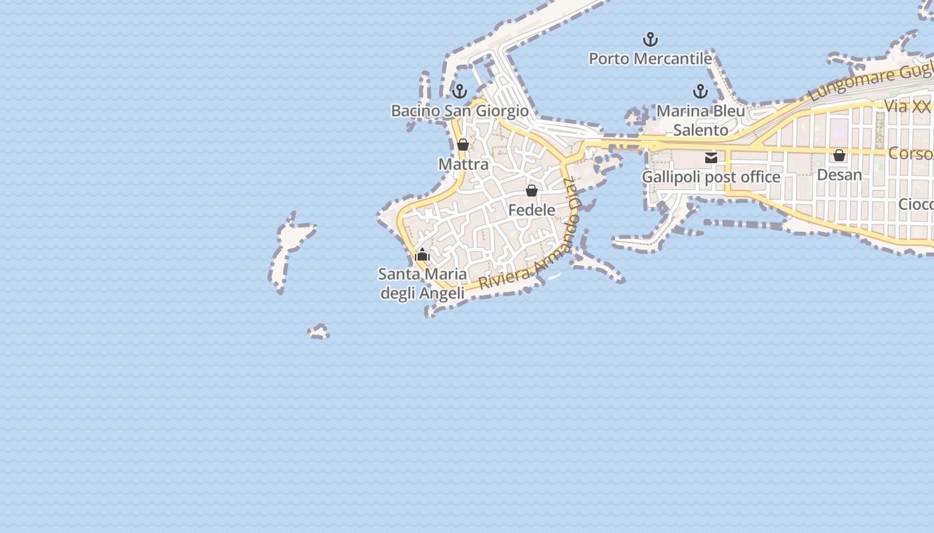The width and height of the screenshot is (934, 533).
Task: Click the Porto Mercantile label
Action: click(x=650, y=59)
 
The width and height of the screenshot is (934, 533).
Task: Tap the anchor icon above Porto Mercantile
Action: click(x=650, y=39)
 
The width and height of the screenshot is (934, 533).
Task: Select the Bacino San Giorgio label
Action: click(x=460, y=111)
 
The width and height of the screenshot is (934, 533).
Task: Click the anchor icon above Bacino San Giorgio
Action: click(x=459, y=91)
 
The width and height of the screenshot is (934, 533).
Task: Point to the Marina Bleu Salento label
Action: click(x=700, y=120)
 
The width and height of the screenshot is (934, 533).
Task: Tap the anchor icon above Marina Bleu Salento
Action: click(x=700, y=91)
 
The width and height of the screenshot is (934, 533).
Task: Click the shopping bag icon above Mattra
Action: click(x=463, y=145)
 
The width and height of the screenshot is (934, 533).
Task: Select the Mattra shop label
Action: click(x=463, y=164)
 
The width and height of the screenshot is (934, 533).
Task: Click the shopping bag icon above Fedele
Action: click(x=532, y=191)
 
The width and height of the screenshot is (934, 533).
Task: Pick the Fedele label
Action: click(x=532, y=210)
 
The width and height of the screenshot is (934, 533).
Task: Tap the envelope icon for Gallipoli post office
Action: click(x=711, y=158)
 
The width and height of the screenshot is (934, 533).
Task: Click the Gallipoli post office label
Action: click(x=711, y=177)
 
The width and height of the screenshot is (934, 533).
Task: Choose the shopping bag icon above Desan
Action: click(x=839, y=155)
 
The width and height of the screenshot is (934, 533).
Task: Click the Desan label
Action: click(x=839, y=175)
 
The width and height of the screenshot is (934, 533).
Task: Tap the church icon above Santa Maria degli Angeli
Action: click(x=422, y=255)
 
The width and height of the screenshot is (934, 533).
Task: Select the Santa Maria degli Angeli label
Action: click(x=422, y=283)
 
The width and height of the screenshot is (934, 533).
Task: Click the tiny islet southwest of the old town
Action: click(x=319, y=331)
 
